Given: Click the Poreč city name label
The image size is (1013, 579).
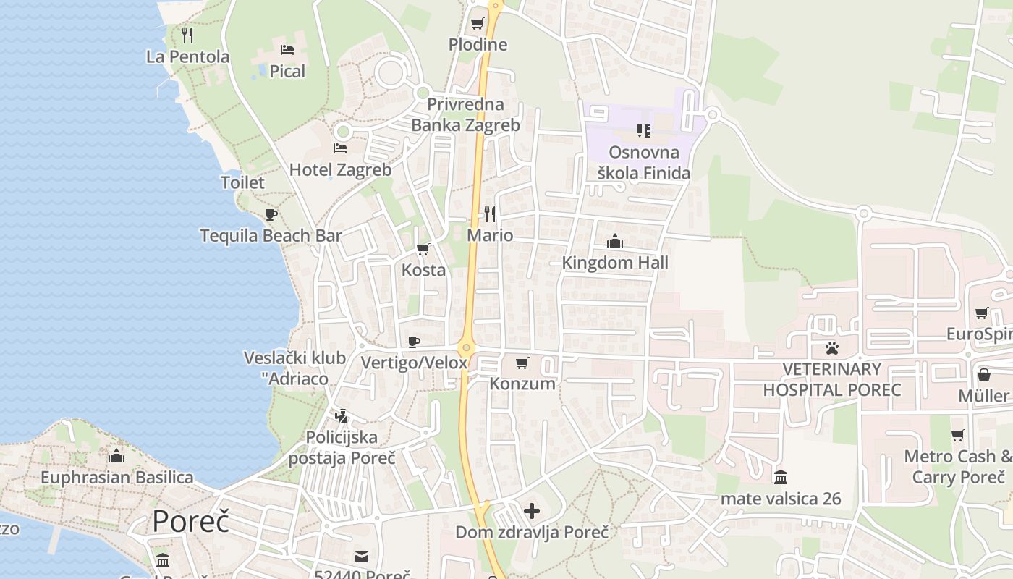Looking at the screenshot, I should (x=190, y=521).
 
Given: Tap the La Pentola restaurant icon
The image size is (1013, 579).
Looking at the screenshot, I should (x=187, y=34).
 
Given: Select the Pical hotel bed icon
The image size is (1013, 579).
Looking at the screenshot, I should (x=287, y=50).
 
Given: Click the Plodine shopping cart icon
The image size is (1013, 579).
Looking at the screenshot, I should (x=477, y=24).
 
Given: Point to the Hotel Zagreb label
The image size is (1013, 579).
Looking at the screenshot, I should (x=340, y=170).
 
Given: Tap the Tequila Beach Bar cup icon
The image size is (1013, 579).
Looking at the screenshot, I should (x=271, y=214).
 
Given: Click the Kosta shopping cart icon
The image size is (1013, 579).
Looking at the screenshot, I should (x=423, y=250).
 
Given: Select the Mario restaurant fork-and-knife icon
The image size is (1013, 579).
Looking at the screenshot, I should (x=490, y=214).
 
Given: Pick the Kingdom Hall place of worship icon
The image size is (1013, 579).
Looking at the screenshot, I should (x=615, y=241).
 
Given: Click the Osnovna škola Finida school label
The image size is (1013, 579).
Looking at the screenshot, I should (x=644, y=163).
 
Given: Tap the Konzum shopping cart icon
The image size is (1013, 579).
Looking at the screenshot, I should (x=522, y=363).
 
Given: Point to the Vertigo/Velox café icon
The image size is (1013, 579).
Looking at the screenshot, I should (x=414, y=342).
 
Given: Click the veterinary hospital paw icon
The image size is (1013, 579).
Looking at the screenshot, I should (x=832, y=348).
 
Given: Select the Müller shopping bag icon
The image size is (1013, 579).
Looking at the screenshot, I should (x=983, y=375).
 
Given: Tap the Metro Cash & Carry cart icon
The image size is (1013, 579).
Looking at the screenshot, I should (x=958, y=435).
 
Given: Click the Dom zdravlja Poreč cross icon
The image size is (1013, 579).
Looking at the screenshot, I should (x=532, y=512).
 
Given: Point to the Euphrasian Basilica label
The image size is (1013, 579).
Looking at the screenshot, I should (x=116, y=478).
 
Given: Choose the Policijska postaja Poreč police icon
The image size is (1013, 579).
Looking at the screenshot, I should (x=342, y=416).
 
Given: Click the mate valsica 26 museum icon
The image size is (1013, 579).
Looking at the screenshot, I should (x=781, y=478).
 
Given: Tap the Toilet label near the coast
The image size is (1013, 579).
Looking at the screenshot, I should (x=242, y=182).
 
